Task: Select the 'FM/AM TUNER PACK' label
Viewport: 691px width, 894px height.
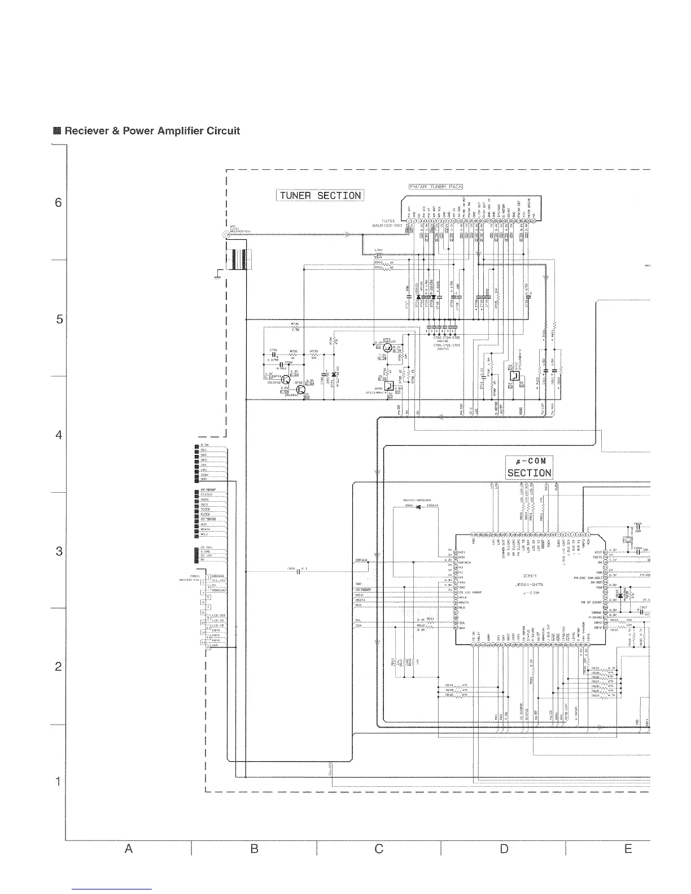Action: pyautogui.click(x=436, y=187)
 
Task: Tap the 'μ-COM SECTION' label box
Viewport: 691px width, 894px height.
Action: pyautogui.click(x=528, y=467)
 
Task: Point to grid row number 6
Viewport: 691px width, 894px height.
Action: pyautogui.click(x=58, y=203)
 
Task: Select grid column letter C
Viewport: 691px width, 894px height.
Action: pyautogui.click(x=379, y=849)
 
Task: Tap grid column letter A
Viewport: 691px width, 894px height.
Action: pyautogui.click(x=129, y=849)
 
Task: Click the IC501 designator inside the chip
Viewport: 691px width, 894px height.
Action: pyautogui.click(x=528, y=576)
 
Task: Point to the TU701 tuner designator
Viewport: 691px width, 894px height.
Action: pyautogui.click(x=390, y=221)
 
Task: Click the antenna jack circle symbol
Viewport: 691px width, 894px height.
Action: pyautogui.click(x=227, y=234)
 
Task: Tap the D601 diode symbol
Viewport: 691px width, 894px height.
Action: pyautogui.click(x=418, y=507)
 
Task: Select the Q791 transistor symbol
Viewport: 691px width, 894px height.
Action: pyautogui.click(x=379, y=344)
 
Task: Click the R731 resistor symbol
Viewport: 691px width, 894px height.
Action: pyautogui.click(x=295, y=328)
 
